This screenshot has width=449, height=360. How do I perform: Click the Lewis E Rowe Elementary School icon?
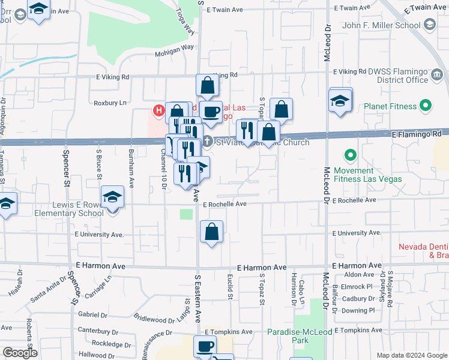[112, 197]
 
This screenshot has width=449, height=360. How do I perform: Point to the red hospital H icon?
[158, 110]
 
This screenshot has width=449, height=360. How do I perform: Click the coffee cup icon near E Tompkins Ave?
[205, 346]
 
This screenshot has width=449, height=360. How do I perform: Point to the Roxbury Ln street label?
[110, 103]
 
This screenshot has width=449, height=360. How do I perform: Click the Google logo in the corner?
[19, 353]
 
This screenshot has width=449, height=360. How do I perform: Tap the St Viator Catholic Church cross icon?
[207, 142]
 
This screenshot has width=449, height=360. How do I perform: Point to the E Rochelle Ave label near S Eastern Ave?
[225, 204]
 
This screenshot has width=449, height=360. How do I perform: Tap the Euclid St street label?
[231, 286]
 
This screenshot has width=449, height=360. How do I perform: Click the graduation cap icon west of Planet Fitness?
[340, 100]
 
